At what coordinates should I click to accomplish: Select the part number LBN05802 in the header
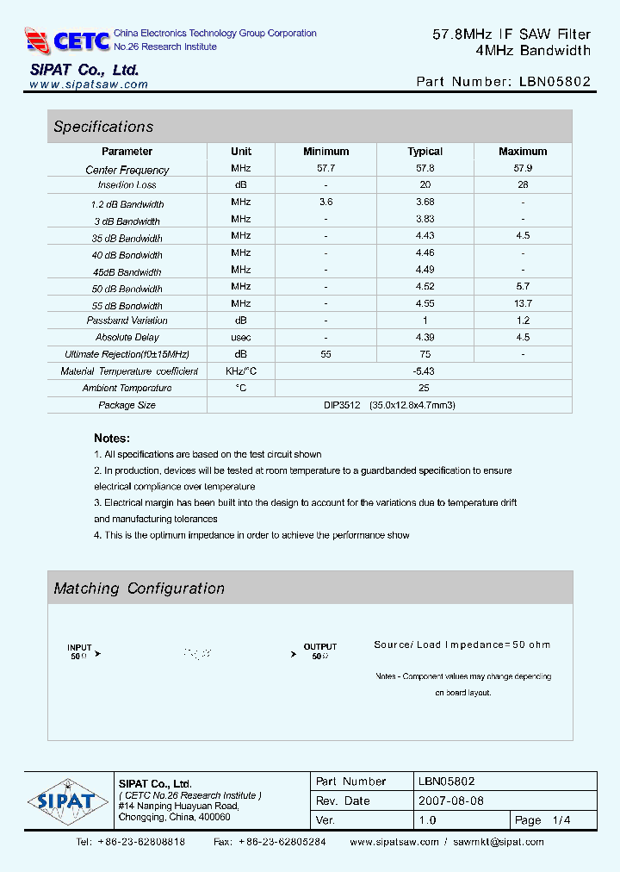tap(555, 82)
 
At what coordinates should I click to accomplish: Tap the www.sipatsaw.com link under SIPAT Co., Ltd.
tap(89, 84)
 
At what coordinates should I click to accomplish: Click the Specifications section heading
tap(103, 127)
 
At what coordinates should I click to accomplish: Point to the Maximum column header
tap(523, 152)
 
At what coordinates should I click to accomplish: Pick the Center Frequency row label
tap(127, 170)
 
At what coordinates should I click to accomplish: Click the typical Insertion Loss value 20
tap(425, 185)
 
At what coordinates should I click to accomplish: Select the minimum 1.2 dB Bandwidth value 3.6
tap(325, 202)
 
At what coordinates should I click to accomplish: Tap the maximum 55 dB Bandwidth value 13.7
tap(523, 303)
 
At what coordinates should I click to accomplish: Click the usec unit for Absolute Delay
tap(241, 337)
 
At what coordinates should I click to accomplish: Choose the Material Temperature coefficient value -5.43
tap(424, 371)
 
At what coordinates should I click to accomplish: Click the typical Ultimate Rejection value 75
tap(425, 354)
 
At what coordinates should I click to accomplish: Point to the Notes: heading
tap(112, 438)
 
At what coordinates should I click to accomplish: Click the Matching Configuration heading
tap(139, 589)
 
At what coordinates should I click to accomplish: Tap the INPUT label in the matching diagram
tap(79, 647)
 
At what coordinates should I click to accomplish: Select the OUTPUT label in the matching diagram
tap(320, 646)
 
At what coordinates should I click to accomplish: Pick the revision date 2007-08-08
tap(451, 800)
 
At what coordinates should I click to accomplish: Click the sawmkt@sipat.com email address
tap(499, 842)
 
